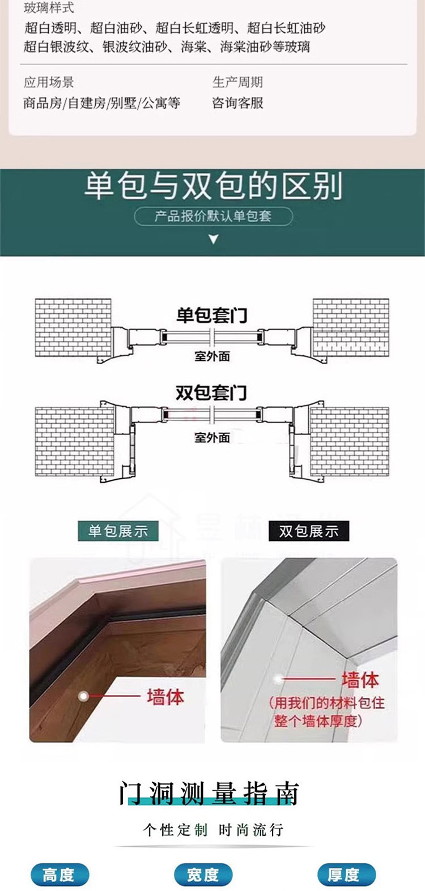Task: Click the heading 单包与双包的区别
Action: (213, 186)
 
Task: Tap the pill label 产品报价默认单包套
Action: (213, 216)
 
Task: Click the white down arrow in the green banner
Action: (213, 239)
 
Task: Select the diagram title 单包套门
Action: (211, 315)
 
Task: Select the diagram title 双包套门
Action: (211, 392)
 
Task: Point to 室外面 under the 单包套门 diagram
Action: (212, 356)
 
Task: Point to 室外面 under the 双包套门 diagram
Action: (212, 437)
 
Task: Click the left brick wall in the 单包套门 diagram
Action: (73, 327)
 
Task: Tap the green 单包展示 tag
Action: (118, 531)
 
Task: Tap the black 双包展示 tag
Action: (309, 531)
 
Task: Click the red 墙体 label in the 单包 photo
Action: (165, 696)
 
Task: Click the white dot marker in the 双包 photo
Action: (278, 679)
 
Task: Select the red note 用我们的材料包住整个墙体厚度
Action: (326, 712)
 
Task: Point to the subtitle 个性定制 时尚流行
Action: (212, 830)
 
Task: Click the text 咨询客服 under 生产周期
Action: (238, 103)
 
